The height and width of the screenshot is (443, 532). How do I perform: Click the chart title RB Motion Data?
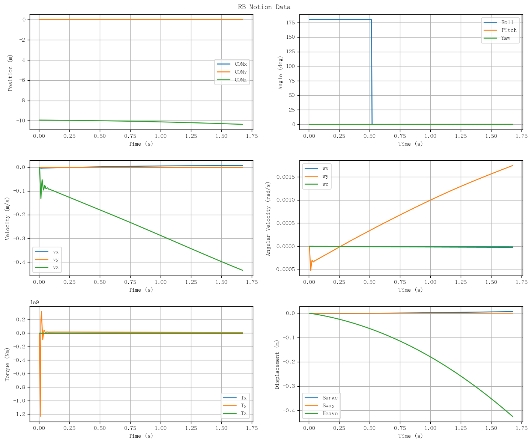(264, 7)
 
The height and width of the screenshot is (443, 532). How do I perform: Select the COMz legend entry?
(231, 80)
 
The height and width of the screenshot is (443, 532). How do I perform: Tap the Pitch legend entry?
(500, 30)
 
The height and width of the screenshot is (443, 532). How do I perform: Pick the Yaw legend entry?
(497, 38)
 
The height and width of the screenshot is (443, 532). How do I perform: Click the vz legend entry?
(47, 267)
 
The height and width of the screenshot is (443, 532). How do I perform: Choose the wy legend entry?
(316, 176)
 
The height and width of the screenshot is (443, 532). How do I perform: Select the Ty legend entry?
(234, 405)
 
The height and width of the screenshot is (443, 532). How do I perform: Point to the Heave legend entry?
(321, 413)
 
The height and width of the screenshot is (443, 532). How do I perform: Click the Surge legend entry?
(321, 398)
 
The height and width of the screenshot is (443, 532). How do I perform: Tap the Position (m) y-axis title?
(10, 73)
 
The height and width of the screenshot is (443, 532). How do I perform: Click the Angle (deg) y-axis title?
(280, 73)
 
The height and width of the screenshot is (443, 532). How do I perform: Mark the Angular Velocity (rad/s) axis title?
(268, 218)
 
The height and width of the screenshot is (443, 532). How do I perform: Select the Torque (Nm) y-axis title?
(7, 365)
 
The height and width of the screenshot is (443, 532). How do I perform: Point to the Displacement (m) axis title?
(277, 365)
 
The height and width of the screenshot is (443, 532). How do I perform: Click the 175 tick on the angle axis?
(290, 23)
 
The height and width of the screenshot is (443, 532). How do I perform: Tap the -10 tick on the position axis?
(21, 121)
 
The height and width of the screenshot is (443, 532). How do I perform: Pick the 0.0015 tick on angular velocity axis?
(286, 177)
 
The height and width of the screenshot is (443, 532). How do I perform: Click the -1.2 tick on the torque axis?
(19, 414)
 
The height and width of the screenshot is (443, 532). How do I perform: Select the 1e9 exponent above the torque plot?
(35, 303)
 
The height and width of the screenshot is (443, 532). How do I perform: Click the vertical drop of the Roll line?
(371, 72)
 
